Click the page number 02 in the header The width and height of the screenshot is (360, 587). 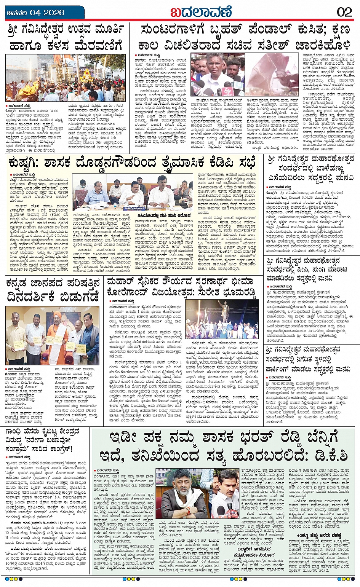click(344, 12)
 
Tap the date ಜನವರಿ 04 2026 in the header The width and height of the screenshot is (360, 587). click(35, 13)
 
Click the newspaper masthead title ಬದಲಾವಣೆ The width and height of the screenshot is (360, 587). click(201, 12)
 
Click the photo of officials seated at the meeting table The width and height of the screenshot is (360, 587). click(132, 192)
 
